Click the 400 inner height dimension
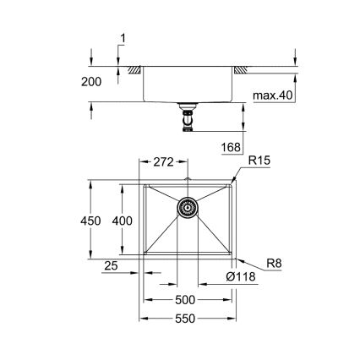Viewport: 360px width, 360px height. pos(124,220)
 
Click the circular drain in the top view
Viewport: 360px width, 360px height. pos(187,207)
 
